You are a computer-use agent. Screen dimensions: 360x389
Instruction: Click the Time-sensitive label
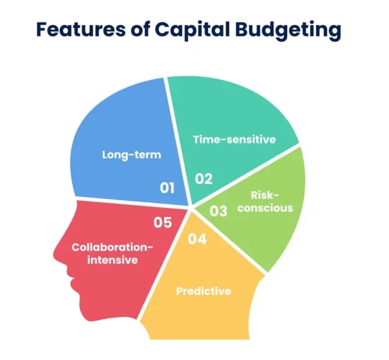pyautogui.click(x=234, y=139)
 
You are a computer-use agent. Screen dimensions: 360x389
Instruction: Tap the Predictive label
pyautogui.click(x=204, y=291)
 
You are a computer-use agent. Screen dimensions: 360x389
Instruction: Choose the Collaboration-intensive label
pyautogui.click(x=112, y=252)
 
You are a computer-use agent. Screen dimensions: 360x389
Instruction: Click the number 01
pyautogui.click(x=167, y=186)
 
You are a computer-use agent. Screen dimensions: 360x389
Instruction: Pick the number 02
pyautogui.click(x=204, y=179)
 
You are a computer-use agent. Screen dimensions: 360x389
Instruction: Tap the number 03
pyautogui.click(x=219, y=211)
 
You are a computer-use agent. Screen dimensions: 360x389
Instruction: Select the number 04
pyautogui.click(x=197, y=238)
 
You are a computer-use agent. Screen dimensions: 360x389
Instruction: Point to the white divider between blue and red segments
pyautogui.click(x=131, y=202)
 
